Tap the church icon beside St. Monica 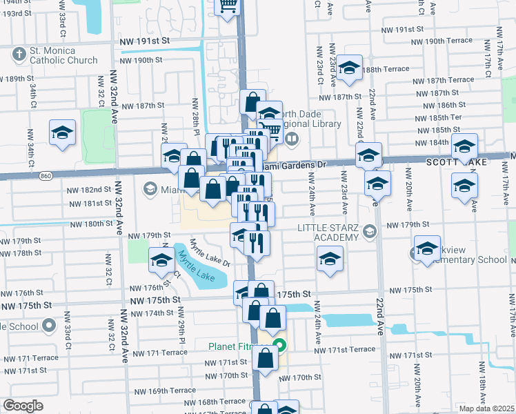18,51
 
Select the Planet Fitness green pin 279,345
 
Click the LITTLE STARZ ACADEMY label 328,233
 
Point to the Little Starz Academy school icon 371,232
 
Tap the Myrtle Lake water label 194,266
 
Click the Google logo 23,406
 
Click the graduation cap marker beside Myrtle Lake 161,259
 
